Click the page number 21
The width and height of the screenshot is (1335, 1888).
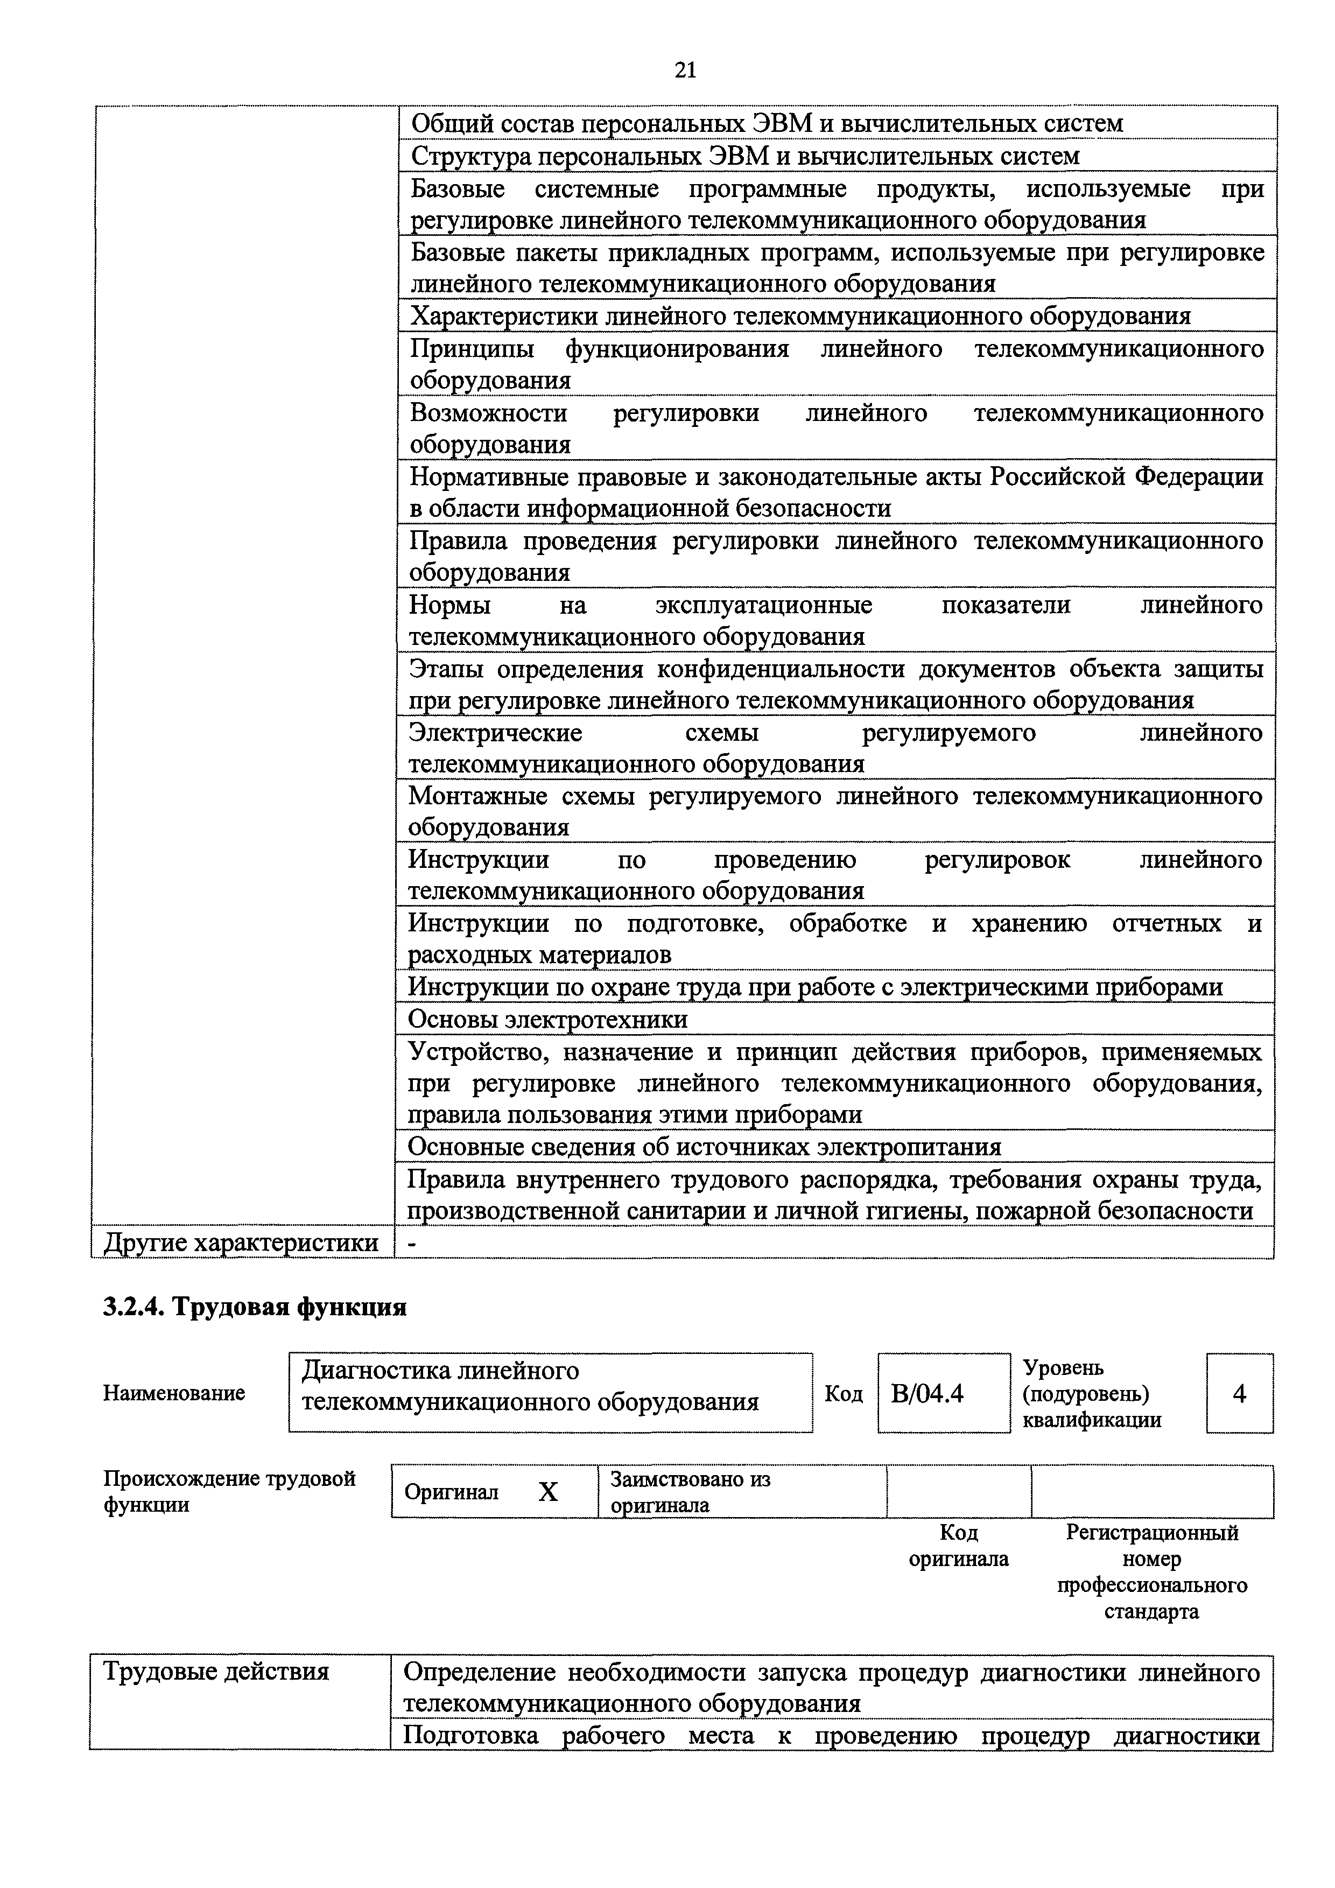685,71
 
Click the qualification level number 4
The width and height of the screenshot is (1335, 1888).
1240,1394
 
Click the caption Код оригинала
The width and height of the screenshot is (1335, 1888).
959,1546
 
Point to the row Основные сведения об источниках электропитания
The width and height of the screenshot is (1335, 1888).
705,1147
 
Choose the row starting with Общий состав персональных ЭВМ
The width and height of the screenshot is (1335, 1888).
766,123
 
